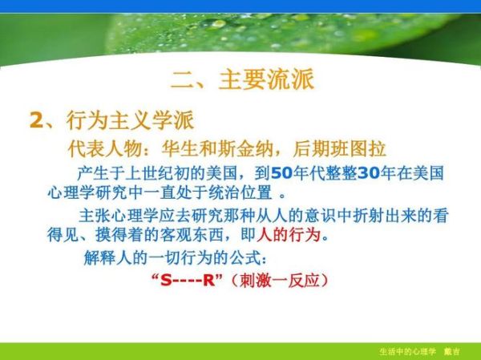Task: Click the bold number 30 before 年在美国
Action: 367,172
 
